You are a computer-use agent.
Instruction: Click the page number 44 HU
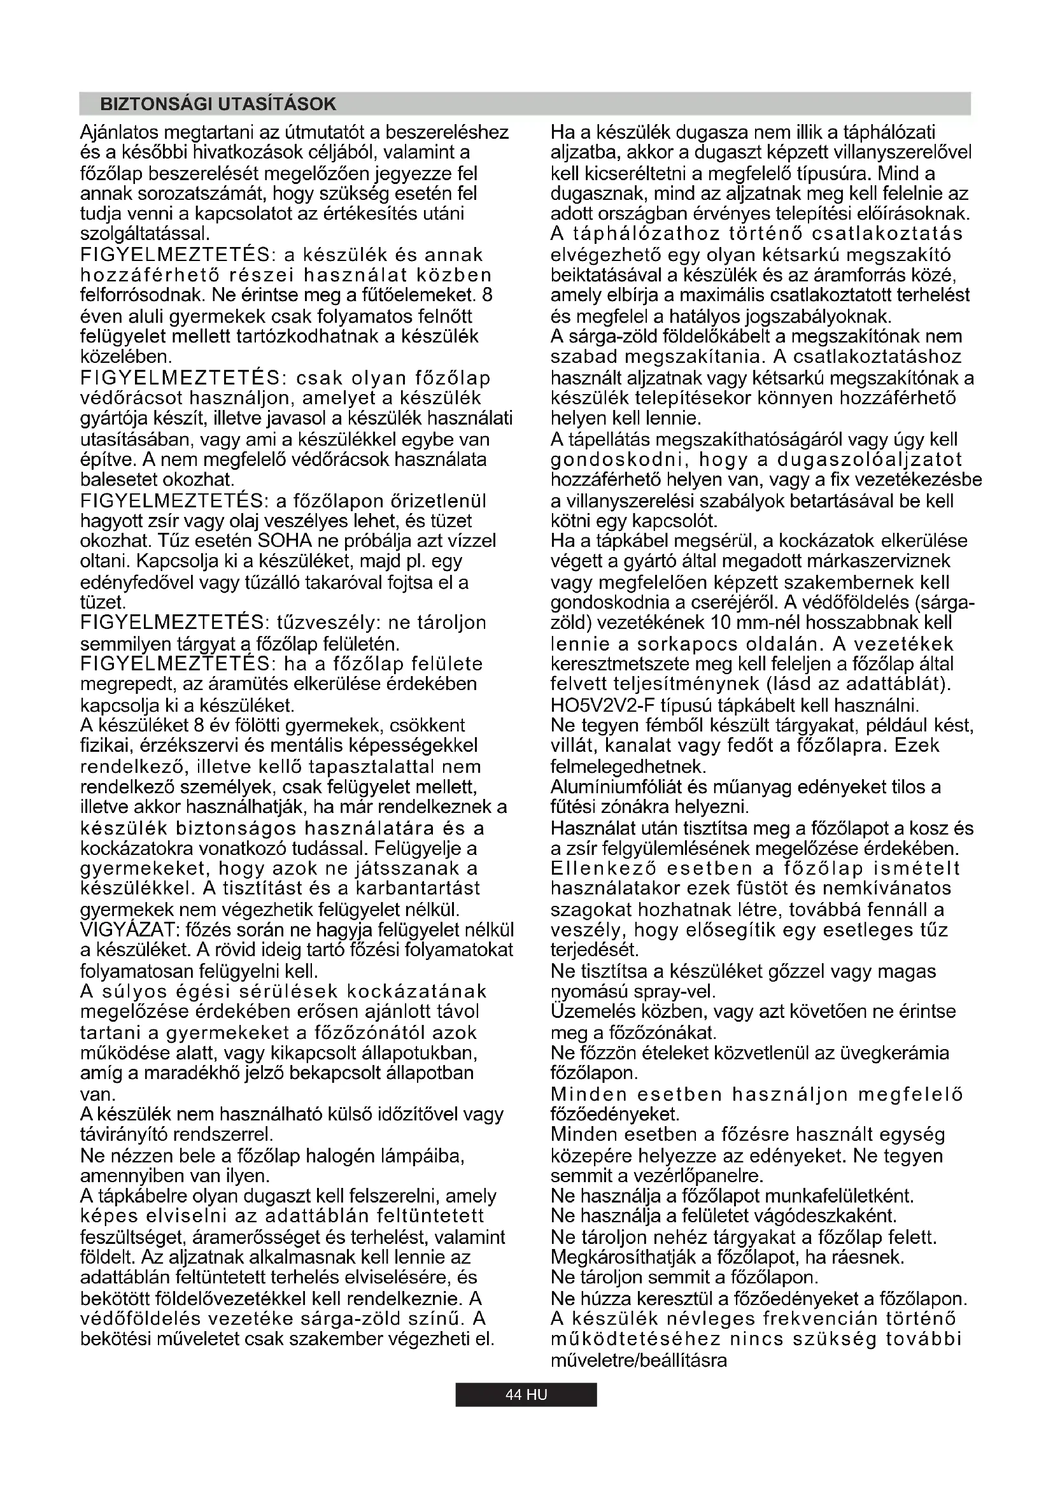click(x=526, y=1394)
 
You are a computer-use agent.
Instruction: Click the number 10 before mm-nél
click(x=721, y=623)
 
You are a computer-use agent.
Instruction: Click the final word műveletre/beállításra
click(x=639, y=1360)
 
